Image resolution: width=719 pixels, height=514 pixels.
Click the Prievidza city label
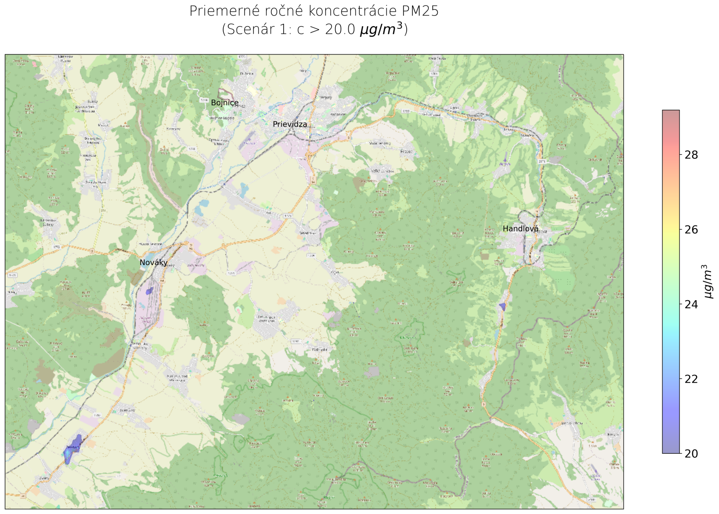pyautogui.click(x=290, y=124)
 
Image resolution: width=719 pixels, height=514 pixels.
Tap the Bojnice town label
pyautogui.click(x=225, y=103)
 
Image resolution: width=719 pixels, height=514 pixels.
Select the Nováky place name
pyautogui.click(x=153, y=262)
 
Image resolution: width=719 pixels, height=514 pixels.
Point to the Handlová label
pyautogui.click(x=520, y=229)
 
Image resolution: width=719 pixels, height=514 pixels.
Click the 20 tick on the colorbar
pyautogui.click(x=691, y=454)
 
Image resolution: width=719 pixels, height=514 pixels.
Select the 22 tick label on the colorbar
pyautogui.click(x=691, y=379)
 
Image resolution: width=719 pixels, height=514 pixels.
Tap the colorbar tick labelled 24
pyautogui.click(x=691, y=304)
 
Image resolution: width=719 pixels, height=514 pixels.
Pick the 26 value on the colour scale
pyautogui.click(x=691, y=230)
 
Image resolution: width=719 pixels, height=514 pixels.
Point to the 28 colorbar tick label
pyautogui.click(x=691, y=155)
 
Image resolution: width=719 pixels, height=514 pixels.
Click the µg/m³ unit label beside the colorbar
pyautogui.click(x=708, y=281)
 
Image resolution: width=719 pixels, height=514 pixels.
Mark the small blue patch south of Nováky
pyautogui.click(x=149, y=291)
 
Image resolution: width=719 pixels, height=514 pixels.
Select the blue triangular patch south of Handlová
pyautogui.click(x=503, y=307)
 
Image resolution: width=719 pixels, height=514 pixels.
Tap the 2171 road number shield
pyautogui.click(x=541, y=161)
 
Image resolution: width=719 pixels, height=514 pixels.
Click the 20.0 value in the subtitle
pyautogui.click(x=340, y=29)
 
